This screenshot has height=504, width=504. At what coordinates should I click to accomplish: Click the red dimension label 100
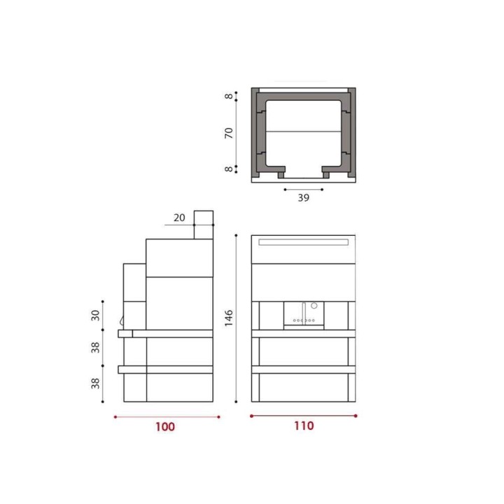(165, 426)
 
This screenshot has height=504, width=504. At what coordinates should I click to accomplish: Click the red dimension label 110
(304, 426)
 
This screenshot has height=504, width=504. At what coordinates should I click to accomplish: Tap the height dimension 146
(228, 318)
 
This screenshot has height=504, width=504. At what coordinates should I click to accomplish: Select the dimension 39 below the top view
(303, 197)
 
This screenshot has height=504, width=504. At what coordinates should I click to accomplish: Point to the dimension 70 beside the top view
(228, 133)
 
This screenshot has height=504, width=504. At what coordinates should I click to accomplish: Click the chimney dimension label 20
(179, 218)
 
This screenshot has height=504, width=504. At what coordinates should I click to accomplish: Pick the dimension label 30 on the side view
(95, 315)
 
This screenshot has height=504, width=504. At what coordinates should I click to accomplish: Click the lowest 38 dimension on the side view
(95, 384)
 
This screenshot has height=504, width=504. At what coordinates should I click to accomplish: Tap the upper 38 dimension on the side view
(95, 347)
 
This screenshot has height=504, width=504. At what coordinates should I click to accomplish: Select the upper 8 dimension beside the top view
(228, 96)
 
